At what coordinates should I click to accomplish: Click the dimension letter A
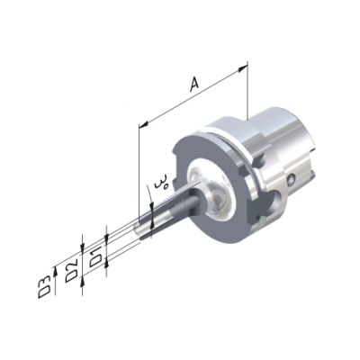coord(194,84)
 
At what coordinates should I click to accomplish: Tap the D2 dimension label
coord(72,270)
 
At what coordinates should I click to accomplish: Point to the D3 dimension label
coord(44,288)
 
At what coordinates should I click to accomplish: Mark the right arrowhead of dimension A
coord(242,69)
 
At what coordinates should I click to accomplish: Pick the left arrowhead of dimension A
coord(144,123)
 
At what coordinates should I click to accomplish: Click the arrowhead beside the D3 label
coord(55,271)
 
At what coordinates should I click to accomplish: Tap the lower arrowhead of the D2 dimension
coord(83,281)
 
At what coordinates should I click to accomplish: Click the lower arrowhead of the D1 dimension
coord(106,264)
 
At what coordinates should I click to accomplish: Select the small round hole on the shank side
coord(291,179)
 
